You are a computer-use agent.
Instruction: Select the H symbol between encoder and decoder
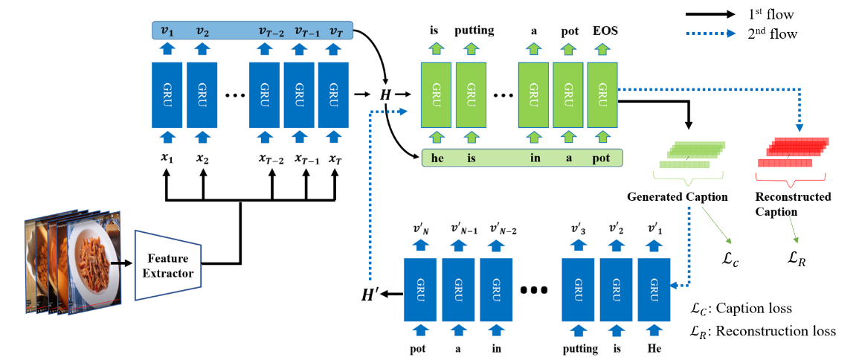click(x=385, y=94)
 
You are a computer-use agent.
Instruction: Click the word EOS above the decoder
click(x=605, y=32)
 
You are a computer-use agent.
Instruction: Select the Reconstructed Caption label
click(x=793, y=205)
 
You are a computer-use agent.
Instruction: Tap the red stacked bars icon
click(x=793, y=152)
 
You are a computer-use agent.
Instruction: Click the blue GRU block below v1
click(x=167, y=94)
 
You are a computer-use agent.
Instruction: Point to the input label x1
click(x=167, y=158)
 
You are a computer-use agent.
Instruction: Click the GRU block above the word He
click(x=654, y=290)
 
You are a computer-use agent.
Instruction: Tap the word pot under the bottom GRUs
click(x=418, y=347)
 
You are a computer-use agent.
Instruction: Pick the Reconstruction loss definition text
click(x=763, y=331)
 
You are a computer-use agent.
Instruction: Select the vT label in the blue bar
click(x=335, y=30)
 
